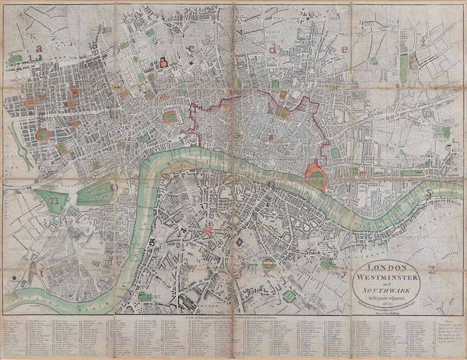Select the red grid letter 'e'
(x=345, y=49)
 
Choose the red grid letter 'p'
(x=196, y=196)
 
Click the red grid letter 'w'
(x=192, y=266)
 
